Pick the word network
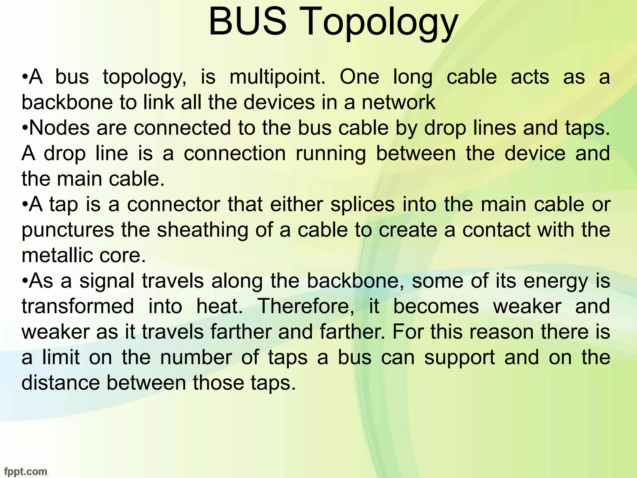pos(398,102)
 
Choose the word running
pos(331,154)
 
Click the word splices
pos(363,204)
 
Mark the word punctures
pos(68,231)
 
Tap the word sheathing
pos(202,231)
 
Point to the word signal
pos(107,281)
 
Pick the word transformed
pos(78,306)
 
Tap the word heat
pos(219,306)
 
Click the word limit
pos(61,357)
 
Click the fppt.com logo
pos(26,471)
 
